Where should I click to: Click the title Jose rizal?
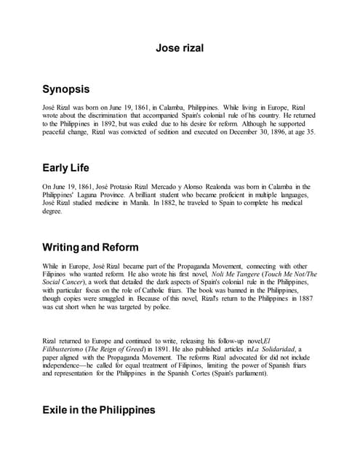tap(180, 49)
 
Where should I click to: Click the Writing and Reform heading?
tap(91, 247)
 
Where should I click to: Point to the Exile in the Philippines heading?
tap(100, 410)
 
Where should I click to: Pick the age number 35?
tap(311, 132)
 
